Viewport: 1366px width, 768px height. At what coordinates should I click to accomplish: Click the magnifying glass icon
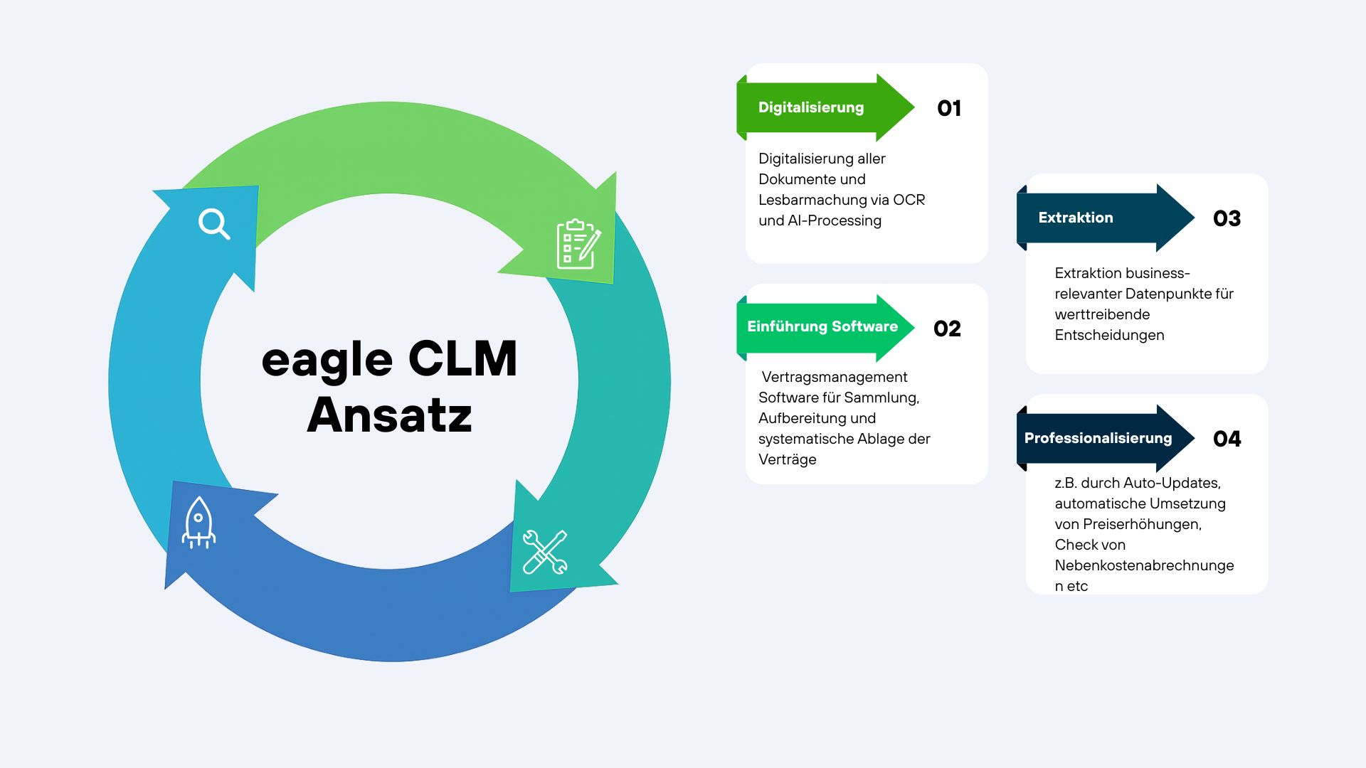(x=213, y=223)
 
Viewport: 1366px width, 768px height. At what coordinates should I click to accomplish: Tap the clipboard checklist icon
(x=578, y=244)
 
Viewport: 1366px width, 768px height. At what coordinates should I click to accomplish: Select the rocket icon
(x=198, y=523)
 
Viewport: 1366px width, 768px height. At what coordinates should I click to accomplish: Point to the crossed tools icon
(x=545, y=552)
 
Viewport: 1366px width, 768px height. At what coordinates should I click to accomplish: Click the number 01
(x=949, y=108)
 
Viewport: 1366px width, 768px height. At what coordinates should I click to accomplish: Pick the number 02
(x=947, y=329)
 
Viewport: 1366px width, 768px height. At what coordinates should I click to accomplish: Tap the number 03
(x=1227, y=218)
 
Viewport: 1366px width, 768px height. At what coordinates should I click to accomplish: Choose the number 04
(x=1227, y=439)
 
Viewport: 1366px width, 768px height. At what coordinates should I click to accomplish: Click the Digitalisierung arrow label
(x=811, y=107)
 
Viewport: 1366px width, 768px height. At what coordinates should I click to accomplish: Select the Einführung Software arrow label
(x=822, y=326)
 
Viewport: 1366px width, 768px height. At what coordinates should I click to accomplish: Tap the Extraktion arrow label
(x=1075, y=218)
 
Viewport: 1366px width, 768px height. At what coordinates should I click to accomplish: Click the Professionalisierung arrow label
(x=1098, y=438)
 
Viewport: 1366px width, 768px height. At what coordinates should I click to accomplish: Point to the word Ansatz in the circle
(x=389, y=415)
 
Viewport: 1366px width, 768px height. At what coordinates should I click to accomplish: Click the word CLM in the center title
(x=462, y=358)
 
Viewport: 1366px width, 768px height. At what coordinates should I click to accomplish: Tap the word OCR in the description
(x=909, y=200)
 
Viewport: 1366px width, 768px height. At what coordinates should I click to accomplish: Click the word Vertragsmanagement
(x=835, y=377)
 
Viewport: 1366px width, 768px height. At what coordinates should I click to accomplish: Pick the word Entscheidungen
(x=1109, y=335)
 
